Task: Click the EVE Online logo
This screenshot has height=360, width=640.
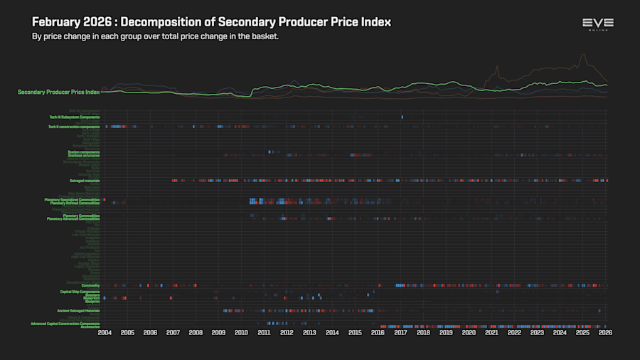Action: pyautogui.click(x=597, y=24)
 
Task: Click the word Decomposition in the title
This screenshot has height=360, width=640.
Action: pyautogui.click(x=159, y=22)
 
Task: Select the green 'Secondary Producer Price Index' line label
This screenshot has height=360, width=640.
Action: pyautogui.click(x=59, y=92)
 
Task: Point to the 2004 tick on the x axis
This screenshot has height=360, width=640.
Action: pyautogui.click(x=105, y=332)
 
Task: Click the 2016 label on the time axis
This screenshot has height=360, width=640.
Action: pyautogui.click(x=378, y=332)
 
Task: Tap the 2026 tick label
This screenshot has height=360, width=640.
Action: pyautogui.click(x=605, y=332)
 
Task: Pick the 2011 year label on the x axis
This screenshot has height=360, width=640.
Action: pyautogui.click(x=264, y=332)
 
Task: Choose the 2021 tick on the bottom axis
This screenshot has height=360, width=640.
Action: pyautogui.click(x=491, y=332)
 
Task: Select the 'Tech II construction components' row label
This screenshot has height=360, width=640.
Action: pyautogui.click(x=74, y=127)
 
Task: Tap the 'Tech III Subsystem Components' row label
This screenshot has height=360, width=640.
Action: pyautogui.click(x=75, y=117)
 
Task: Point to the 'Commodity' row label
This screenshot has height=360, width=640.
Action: pyautogui.click(x=90, y=285)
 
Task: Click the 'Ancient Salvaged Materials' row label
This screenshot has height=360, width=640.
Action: pyautogui.click(x=78, y=311)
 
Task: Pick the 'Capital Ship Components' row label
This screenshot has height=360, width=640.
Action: pyautogui.click(x=80, y=292)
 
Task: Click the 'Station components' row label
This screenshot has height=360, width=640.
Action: pyautogui.click(x=84, y=152)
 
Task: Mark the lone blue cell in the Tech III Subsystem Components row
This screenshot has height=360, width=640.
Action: pyautogui.click(x=402, y=117)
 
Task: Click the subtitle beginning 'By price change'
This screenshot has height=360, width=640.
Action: pyautogui.click(x=155, y=36)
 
